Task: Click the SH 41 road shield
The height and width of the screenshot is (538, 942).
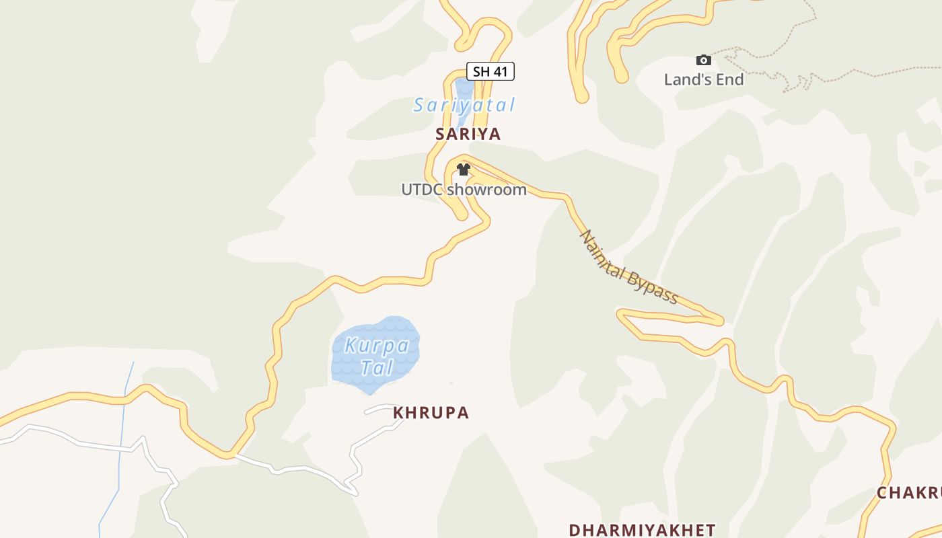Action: click(x=491, y=71)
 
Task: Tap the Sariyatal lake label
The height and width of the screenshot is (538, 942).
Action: click(x=464, y=106)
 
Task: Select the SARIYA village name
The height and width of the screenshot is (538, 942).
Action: click(x=468, y=134)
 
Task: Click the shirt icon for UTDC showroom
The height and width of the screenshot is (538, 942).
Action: click(x=463, y=169)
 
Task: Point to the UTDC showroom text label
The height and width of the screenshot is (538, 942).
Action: click(x=464, y=190)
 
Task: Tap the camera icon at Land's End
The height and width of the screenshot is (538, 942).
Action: click(x=703, y=61)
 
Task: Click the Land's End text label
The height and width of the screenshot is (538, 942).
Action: click(x=704, y=79)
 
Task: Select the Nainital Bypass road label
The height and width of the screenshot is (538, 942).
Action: click(x=628, y=268)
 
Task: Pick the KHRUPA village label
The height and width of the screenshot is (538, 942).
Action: click(x=431, y=413)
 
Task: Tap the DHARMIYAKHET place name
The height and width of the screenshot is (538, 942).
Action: click(x=642, y=530)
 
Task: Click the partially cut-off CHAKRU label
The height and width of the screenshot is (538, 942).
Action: click(x=908, y=493)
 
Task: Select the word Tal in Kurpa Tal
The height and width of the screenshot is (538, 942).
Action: click(x=376, y=368)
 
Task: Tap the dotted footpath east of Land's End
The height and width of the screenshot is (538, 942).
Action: click(x=841, y=75)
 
